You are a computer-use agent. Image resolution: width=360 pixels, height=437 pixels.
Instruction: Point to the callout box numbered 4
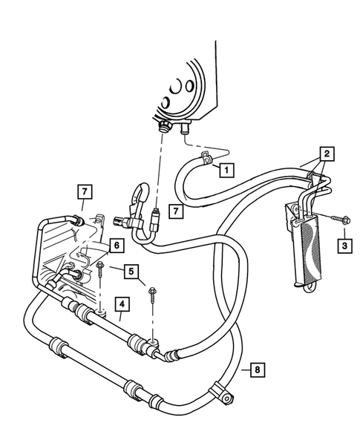click(121, 303)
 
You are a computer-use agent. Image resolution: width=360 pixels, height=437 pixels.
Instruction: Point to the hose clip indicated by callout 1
click(206, 158)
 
